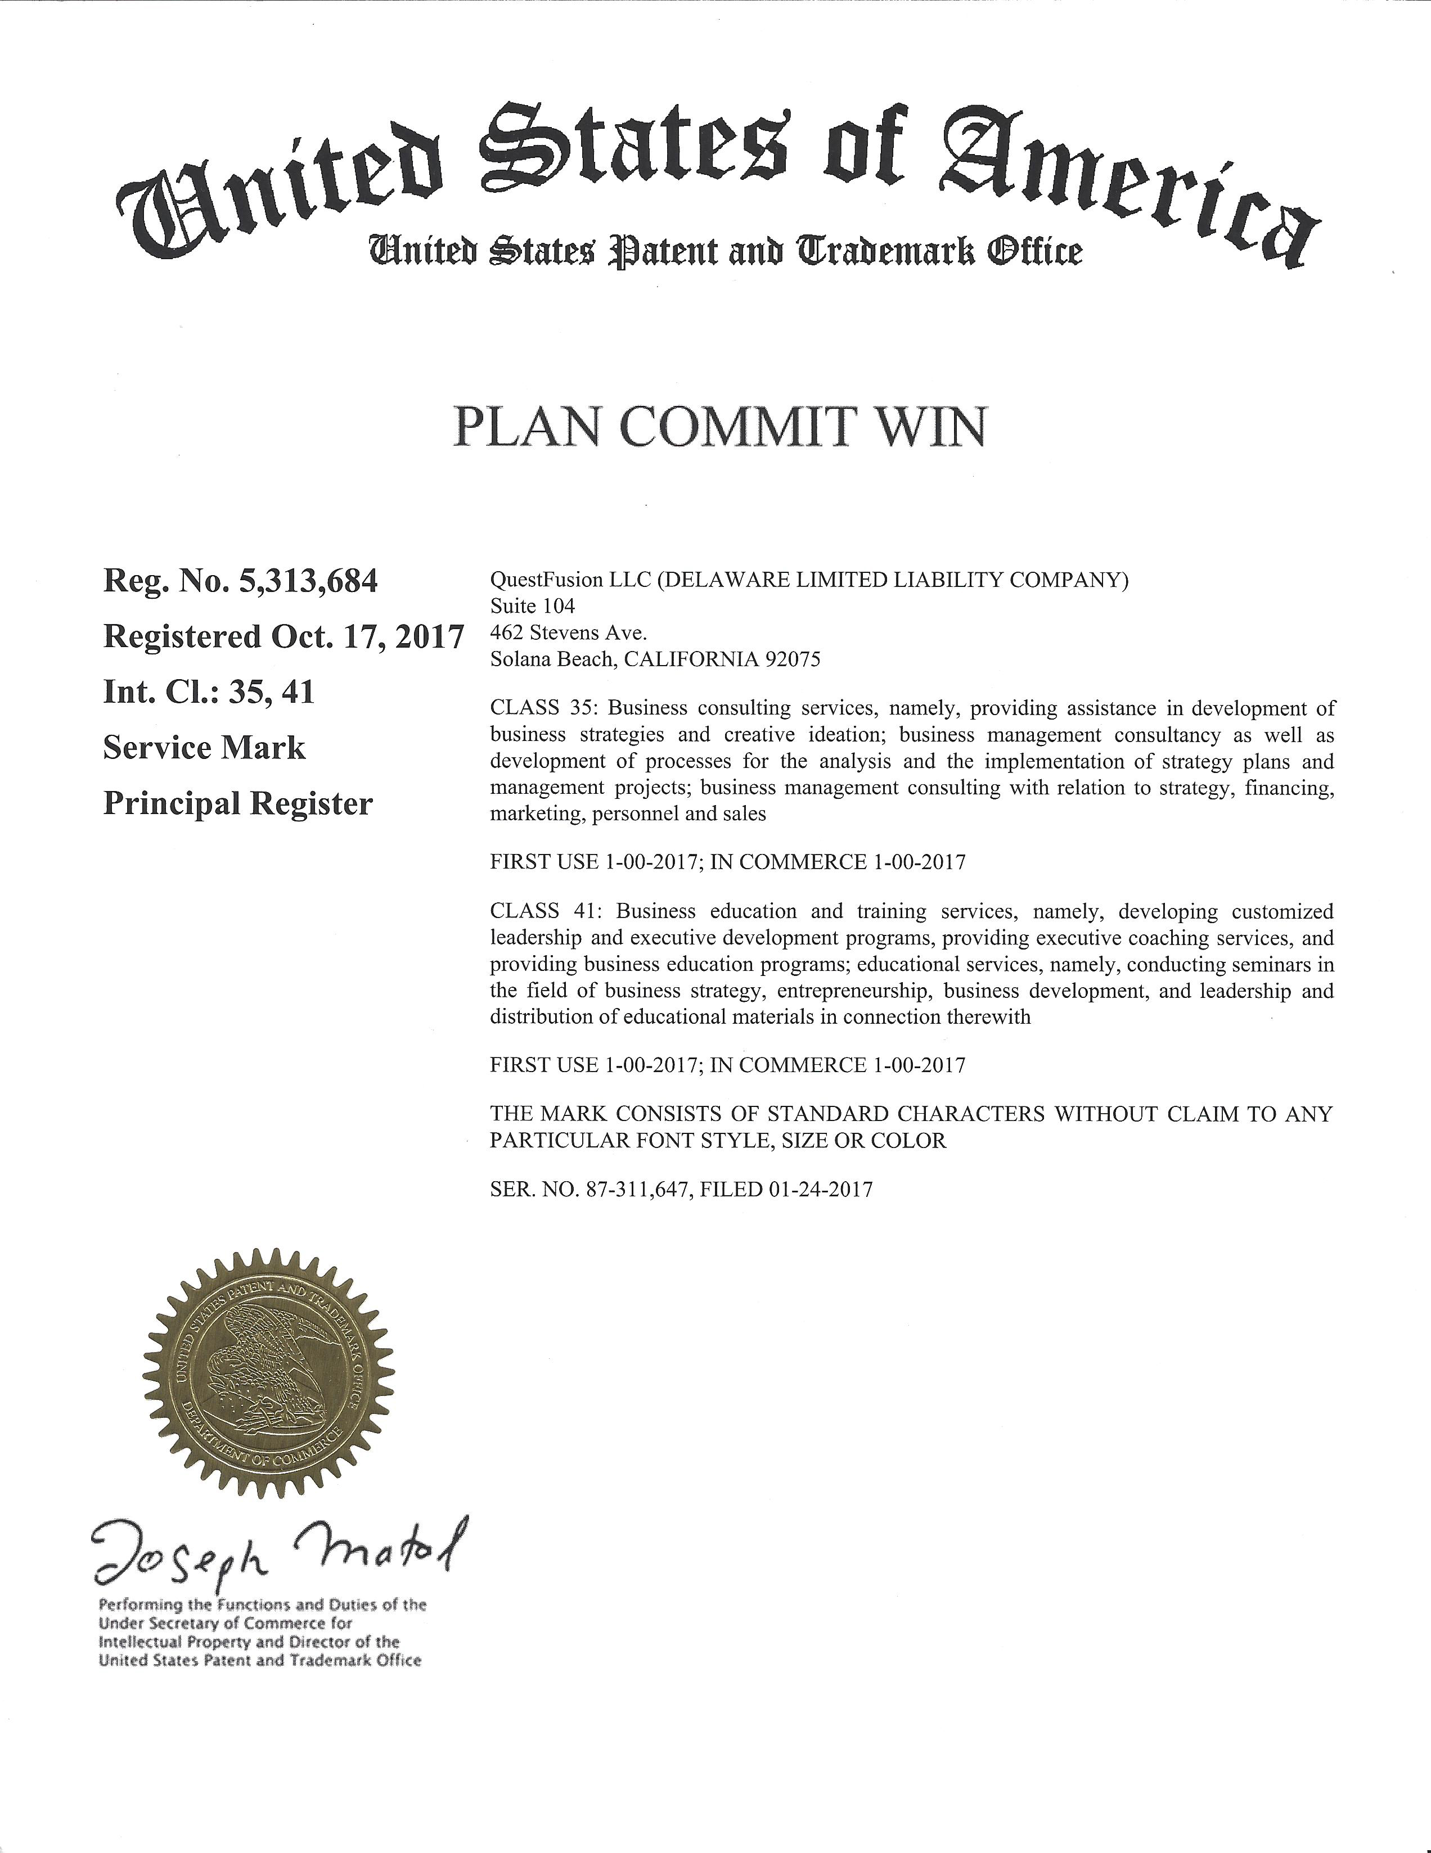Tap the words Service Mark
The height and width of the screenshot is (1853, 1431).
pyautogui.click(x=204, y=748)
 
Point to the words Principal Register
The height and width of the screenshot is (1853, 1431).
pyautogui.click(x=237, y=803)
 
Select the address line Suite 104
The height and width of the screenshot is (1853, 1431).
pyautogui.click(x=532, y=607)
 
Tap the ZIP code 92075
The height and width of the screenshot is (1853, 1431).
pyautogui.click(x=792, y=659)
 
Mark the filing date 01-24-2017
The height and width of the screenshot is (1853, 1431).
pyautogui.click(x=820, y=1190)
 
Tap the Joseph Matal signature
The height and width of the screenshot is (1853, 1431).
pyautogui.click(x=280, y=1557)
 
